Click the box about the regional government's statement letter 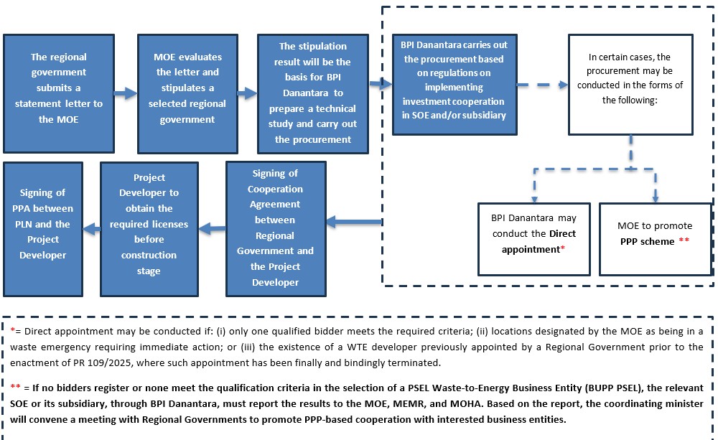click(58, 88)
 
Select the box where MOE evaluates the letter click(187, 88)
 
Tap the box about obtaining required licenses click(149, 224)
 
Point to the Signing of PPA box click(42, 224)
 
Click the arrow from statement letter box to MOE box click(125, 93)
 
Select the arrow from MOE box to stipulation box click(247, 93)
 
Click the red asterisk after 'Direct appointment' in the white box click(562, 248)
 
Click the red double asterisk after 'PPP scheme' click(683, 241)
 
